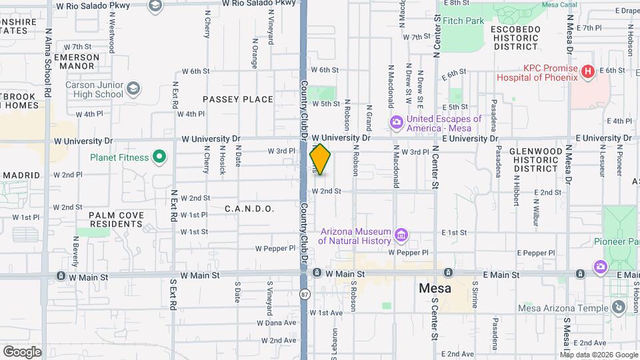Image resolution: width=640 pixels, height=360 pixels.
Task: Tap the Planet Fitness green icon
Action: tap(159, 158)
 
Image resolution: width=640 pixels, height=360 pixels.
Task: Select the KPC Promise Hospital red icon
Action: tap(587, 71)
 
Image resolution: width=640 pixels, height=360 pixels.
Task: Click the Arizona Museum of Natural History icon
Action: tap(401, 235)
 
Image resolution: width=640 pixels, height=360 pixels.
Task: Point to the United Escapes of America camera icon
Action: tap(396, 121)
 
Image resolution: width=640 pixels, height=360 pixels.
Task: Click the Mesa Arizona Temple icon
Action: tap(619, 307)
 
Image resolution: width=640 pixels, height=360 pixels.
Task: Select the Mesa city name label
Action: tap(435, 289)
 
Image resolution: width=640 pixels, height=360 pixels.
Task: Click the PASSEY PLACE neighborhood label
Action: tap(238, 99)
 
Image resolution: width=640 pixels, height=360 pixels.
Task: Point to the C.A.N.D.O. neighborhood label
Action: tap(249, 209)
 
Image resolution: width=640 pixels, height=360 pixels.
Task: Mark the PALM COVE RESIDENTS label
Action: tap(116, 219)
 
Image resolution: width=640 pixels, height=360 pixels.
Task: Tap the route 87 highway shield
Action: tap(305, 294)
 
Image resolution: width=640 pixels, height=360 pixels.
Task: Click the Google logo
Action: tap(22, 351)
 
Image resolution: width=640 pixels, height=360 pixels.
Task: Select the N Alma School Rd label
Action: tap(47, 63)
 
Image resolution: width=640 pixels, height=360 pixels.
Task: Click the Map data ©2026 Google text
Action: tap(589, 354)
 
